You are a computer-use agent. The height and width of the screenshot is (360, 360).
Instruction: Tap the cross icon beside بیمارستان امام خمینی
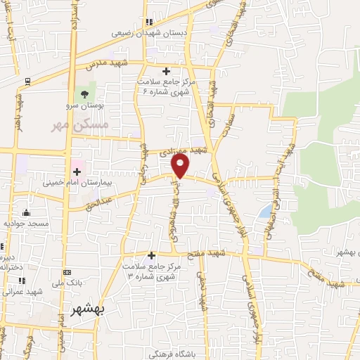[77, 172]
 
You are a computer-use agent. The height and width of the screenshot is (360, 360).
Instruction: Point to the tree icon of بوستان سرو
[85, 93]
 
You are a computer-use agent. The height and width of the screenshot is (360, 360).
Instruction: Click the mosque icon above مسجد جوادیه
[27, 212]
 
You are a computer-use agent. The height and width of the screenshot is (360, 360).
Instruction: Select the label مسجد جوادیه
[25, 223]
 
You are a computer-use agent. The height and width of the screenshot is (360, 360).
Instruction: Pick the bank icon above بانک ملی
[67, 272]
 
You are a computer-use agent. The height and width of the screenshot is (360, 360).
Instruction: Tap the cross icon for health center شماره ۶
[166, 71]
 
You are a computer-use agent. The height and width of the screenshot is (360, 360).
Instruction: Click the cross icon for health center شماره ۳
[151, 255]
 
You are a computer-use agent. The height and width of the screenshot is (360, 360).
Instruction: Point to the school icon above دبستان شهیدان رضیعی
[148, 22]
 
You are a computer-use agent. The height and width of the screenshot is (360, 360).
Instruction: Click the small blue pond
[264, 211]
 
